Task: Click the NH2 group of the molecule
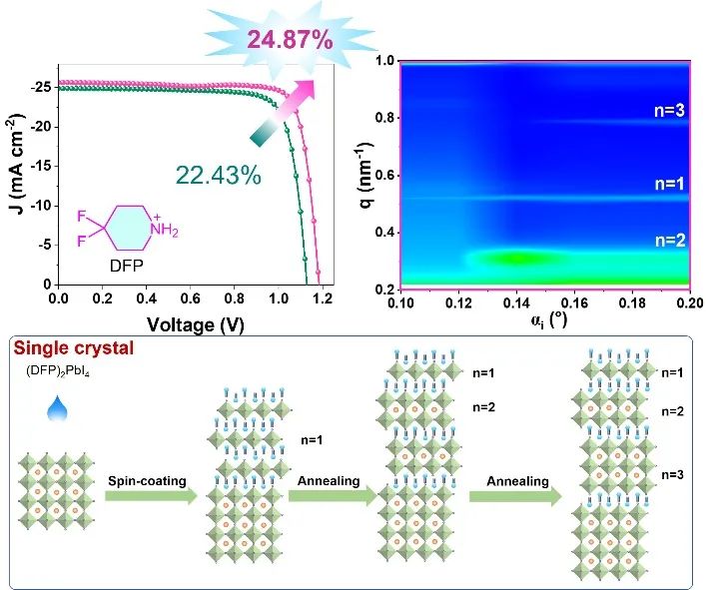[161, 233]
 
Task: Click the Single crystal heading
[75, 349]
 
